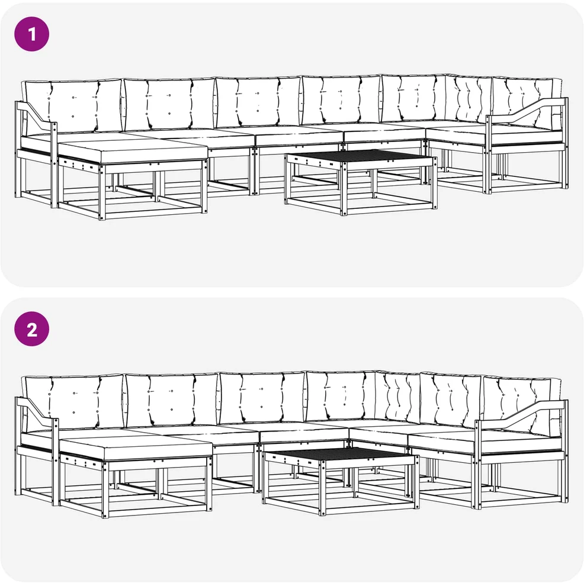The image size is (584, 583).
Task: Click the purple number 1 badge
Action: point(31,34)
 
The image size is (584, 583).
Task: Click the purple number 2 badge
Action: point(31,328)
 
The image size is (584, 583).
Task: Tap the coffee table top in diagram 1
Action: point(361,156)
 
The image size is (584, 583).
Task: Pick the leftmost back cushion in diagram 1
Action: point(73,106)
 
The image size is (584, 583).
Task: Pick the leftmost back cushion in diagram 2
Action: point(73,402)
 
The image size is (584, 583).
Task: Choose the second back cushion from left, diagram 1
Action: point(169,104)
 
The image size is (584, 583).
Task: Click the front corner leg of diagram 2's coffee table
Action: point(323,488)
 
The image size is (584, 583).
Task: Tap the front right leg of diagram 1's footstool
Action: point(204,186)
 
